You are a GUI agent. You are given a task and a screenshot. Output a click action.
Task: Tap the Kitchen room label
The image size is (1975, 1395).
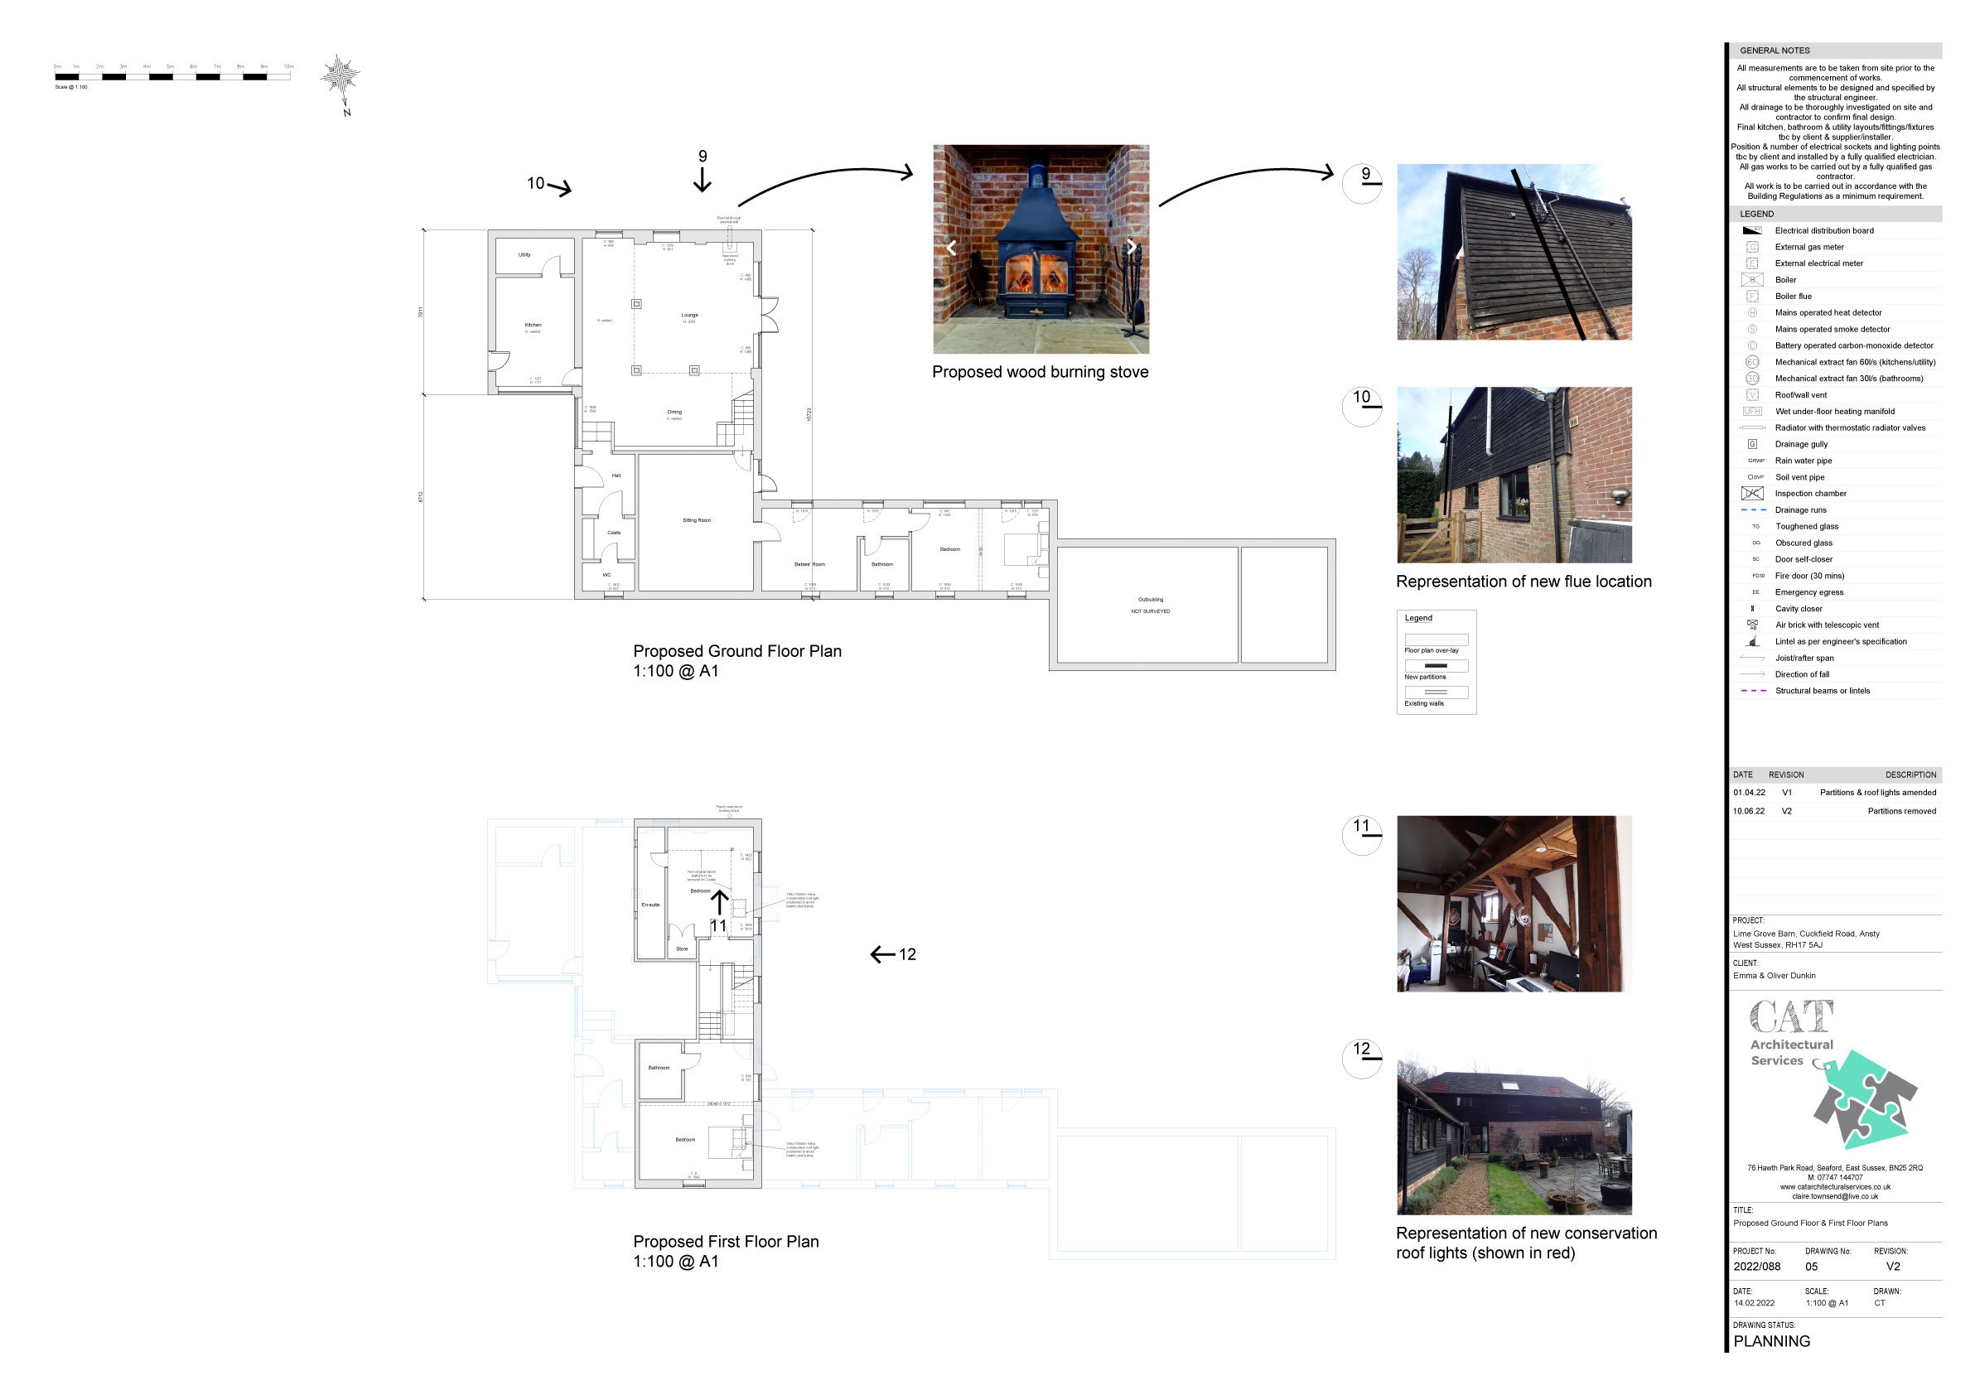[534, 325]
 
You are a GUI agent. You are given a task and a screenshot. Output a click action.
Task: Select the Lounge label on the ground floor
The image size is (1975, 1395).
[690, 315]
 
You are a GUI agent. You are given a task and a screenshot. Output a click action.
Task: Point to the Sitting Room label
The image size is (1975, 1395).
[697, 520]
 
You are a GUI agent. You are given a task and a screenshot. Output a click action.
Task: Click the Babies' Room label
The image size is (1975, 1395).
[809, 564]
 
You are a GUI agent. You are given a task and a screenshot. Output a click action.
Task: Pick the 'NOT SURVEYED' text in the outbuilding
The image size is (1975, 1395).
[1150, 611]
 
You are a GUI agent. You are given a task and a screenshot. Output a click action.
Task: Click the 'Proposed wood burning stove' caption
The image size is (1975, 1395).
[1040, 373]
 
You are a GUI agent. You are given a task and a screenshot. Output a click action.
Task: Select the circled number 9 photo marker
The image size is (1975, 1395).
[1362, 182]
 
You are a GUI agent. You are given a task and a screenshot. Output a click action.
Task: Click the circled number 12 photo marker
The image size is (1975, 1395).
[1362, 1057]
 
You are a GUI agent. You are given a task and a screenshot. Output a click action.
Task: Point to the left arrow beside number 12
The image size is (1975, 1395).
[881, 954]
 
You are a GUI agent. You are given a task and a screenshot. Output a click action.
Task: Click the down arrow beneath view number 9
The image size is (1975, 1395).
[703, 180]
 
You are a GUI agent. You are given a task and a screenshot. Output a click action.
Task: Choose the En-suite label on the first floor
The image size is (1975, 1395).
[650, 905]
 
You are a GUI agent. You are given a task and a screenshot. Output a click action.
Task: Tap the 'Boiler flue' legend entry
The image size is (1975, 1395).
[1793, 297]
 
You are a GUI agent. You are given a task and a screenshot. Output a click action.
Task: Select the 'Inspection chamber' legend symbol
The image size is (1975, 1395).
[1752, 494]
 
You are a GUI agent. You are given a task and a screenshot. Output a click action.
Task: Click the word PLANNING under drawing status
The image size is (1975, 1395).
[1771, 1342]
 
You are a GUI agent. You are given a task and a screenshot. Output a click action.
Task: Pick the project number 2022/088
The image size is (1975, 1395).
[1756, 1267]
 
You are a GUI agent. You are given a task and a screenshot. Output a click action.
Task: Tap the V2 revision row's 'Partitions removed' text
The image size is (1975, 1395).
[1901, 811]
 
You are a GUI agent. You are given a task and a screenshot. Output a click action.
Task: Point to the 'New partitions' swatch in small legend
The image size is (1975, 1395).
[1436, 666]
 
